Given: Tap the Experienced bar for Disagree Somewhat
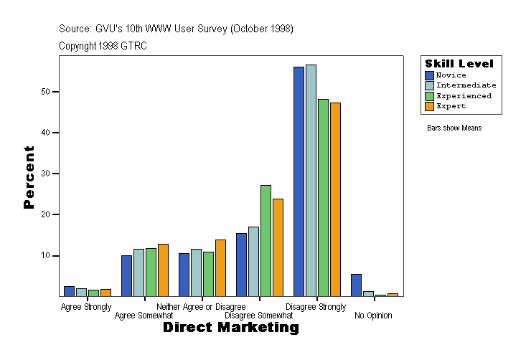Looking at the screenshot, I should [266, 241].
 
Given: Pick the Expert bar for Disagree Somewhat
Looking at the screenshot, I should [278, 247].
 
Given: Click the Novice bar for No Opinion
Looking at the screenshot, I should [356, 285].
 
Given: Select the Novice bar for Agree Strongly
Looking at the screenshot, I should [69, 291].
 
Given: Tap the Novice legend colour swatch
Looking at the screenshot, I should [429, 75].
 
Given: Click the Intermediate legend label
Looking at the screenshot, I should [466, 85].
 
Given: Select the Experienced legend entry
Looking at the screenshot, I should [464, 95].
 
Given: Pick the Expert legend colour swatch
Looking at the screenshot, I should [429, 106].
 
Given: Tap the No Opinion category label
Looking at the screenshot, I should [373, 316].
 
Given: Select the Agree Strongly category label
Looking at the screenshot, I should [86, 307].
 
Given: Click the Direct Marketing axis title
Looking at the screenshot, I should [230, 328].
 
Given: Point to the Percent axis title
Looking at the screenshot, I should [29, 177].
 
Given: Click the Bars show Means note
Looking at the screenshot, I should [454, 128].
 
